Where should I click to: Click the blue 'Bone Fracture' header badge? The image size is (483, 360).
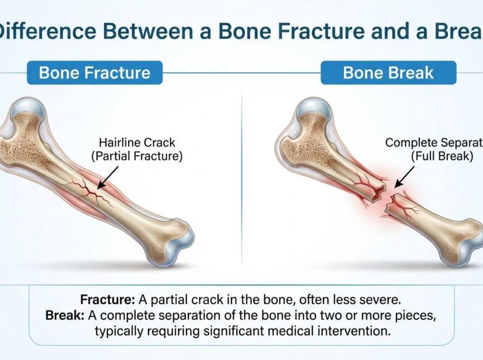click(94, 73)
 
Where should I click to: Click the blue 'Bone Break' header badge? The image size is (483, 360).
click(388, 73)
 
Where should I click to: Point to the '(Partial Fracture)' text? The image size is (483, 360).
click(137, 157)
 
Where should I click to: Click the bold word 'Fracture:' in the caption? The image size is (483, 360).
click(107, 299)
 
